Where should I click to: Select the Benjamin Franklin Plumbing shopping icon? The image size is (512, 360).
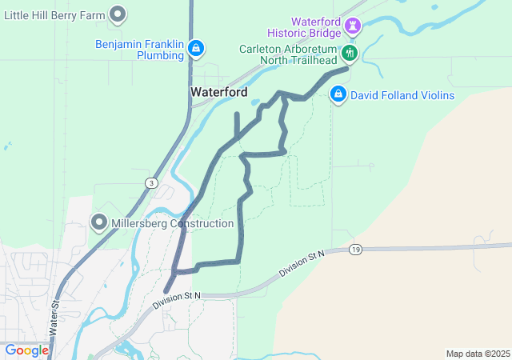click(195, 50)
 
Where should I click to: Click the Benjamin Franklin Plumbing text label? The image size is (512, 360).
click(138, 50)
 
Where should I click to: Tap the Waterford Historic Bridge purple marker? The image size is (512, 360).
click(353, 26)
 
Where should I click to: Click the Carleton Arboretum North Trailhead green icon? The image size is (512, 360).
click(350, 54)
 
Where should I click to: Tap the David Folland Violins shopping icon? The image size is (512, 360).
click(338, 95)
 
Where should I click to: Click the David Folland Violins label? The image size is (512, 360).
click(402, 96)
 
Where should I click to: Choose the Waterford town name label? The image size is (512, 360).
click(219, 92)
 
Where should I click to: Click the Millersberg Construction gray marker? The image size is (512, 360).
click(99, 222)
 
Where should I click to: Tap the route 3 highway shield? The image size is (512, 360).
click(151, 183)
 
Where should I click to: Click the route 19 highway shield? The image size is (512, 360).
click(354, 250)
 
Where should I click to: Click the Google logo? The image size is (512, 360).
click(26, 350)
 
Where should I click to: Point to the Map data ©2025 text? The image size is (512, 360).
click(478, 354)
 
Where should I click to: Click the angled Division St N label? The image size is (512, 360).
click(302, 265)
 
